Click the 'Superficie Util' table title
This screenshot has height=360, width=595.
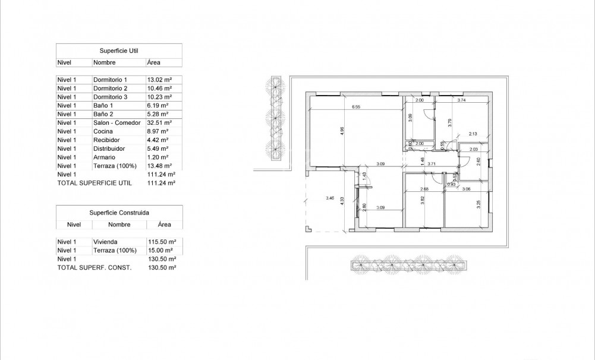(119, 51)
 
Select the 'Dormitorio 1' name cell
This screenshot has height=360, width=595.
(111, 80)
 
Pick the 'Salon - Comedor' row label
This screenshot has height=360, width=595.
(117, 123)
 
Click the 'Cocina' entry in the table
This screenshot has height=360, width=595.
(103, 131)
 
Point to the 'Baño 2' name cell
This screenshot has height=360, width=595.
(103, 114)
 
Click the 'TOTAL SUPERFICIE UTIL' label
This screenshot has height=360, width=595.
(94, 184)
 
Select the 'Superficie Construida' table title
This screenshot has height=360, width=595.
(119, 212)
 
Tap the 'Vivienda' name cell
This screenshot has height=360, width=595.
(105, 242)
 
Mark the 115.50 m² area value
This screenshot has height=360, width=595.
(161, 242)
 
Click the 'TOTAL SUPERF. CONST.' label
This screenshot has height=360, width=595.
(94, 268)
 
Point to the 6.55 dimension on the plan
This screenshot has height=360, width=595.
(356, 107)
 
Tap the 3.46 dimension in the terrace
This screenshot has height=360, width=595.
(330, 197)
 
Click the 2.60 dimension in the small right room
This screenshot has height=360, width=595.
(478, 161)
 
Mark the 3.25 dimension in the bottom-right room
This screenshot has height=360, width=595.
(478, 205)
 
